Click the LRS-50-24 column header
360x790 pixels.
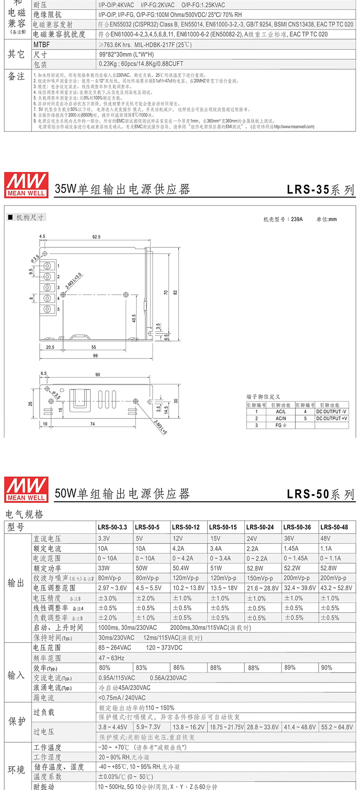click(x=260, y=527)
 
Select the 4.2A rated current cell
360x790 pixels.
click(x=178, y=548)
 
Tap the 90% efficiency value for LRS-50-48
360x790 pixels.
click(x=326, y=668)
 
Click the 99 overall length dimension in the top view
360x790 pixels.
click(x=95, y=356)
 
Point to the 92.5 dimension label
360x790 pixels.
click(x=96, y=237)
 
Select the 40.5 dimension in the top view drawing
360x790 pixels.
click(x=134, y=318)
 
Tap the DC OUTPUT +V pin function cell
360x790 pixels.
click(x=331, y=418)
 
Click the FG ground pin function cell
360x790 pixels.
click(x=281, y=425)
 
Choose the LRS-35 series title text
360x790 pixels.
click(x=320, y=189)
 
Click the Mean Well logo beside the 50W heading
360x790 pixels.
click(x=26, y=488)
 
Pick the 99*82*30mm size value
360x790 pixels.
click(x=126, y=54)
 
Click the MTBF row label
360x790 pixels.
click(x=41, y=45)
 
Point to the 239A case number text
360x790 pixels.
click(x=297, y=220)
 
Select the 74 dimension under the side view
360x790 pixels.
click(x=93, y=424)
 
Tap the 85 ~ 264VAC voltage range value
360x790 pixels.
click(x=115, y=648)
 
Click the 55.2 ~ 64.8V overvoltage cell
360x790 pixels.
click(x=337, y=727)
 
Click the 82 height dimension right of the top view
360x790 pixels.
click(x=175, y=292)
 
